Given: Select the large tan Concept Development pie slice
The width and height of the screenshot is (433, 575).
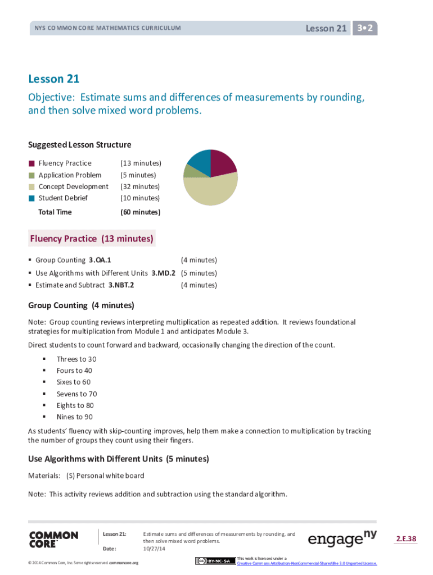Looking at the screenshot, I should (x=212, y=190).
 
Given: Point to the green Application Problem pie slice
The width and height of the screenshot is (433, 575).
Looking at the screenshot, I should (x=189, y=171).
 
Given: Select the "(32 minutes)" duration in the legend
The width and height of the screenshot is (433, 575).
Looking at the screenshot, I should (x=140, y=186).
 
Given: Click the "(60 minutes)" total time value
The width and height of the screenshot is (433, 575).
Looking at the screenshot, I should (x=140, y=212).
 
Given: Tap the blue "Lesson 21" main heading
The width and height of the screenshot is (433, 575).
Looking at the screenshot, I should (x=54, y=79).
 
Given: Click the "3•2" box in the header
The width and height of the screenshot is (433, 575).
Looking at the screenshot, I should (x=365, y=28).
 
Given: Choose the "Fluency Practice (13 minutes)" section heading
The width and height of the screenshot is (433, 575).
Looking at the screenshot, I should (x=92, y=239).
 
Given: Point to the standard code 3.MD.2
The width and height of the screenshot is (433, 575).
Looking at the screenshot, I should (x=163, y=273).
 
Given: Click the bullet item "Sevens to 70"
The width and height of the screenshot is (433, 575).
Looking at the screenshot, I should (x=76, y=394).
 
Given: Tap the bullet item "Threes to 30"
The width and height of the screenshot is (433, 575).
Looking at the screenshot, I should (x=76, y=359).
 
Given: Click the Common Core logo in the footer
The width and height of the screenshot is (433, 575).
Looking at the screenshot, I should (x=53, y=540).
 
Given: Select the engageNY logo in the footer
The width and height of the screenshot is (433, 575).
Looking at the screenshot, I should (x=342, y=539).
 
